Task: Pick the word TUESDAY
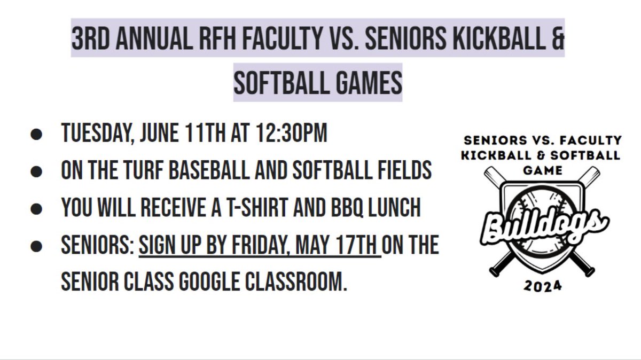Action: pyautogui.click(x=97, y=134)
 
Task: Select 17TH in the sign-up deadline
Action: pyautogui.click(x=358, y=245)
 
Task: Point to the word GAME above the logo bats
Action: pyautogui.click(x=542, y=170)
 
